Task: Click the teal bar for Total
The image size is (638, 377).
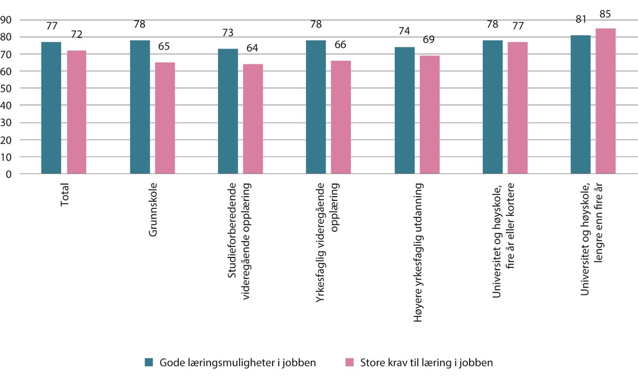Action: [x=51, y=108]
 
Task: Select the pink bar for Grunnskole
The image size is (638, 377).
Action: [x=165, y=118]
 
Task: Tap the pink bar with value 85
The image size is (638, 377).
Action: [x=606, y=101]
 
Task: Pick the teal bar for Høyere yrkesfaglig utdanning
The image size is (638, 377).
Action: [x=405, y=111]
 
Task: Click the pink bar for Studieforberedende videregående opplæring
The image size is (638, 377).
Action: [x=253, y=119]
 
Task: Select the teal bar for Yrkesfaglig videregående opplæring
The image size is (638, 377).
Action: [x=316, y=107]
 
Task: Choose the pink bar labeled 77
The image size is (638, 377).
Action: [x=517, y=108]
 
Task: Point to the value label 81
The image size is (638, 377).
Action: [x=581, y=20]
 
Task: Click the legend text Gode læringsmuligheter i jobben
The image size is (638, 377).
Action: [x=238, y=363]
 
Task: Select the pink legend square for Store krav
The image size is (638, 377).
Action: [x=349, y=363]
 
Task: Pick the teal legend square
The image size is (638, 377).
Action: [x=149, y=363]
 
